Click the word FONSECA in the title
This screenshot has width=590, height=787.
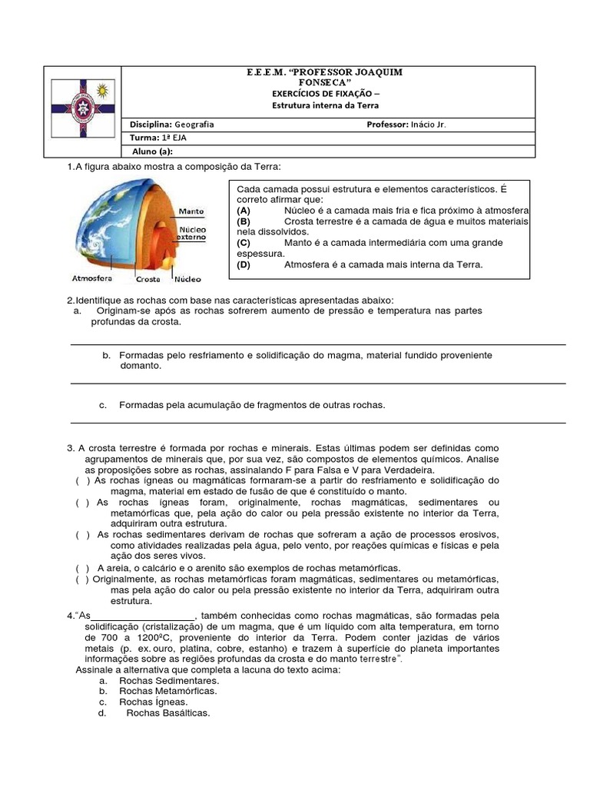coord(326,81)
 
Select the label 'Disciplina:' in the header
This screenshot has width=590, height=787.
coord(151,124)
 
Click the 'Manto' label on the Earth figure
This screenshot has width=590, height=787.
coord(191,211)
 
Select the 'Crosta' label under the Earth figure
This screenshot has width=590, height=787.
coord(147,280)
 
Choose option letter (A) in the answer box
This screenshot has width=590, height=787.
coord(244,210)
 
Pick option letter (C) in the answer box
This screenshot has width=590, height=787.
coord(244,242)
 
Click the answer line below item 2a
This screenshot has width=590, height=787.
coord(318,345)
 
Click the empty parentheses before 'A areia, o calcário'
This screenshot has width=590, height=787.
coord(83,567)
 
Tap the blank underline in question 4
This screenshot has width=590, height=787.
coord(144,619)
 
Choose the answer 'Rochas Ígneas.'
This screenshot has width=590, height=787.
coord(153,702)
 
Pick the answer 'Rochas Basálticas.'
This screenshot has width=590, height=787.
coord(168,712)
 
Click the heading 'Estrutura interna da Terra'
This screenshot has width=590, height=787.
coord(326,105)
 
